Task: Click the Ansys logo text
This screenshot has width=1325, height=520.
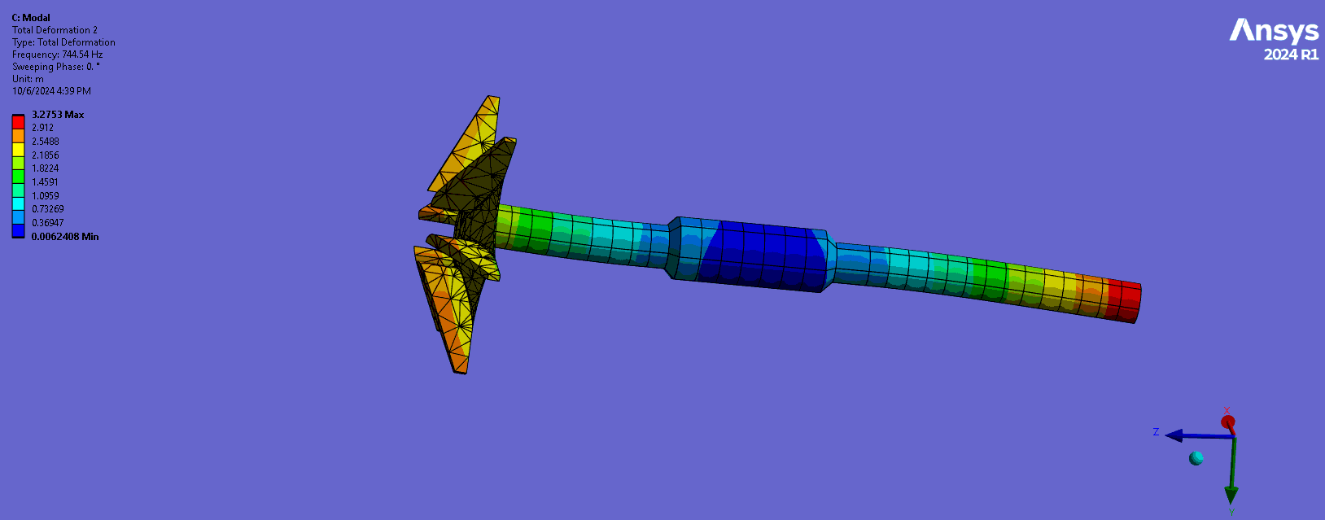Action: pos(1273,31)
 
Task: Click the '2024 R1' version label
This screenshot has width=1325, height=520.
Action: pos(1290,55)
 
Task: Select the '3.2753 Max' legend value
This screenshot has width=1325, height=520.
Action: pos(58,115)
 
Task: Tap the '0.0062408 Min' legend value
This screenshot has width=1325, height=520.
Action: pos(65,237)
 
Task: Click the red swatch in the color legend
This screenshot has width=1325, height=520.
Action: pos(18,122)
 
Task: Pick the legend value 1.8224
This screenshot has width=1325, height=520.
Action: pos(46,168)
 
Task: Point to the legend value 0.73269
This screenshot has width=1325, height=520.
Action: pos(48,209)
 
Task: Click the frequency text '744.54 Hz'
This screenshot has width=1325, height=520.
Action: pos(82,55)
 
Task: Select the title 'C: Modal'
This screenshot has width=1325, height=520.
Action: pos(31,18)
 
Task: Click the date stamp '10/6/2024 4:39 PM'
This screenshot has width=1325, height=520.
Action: pos(51,91)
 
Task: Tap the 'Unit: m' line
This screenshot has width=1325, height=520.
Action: pos(28,79)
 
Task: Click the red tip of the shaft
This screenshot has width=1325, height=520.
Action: pos(1127,300)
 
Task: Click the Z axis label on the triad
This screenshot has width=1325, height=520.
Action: pos(1156,432)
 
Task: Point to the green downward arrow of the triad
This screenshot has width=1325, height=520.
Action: pos(1231,492)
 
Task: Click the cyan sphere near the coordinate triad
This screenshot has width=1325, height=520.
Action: pos(1196,458)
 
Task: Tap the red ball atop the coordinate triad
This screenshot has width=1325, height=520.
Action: pos(1228,422)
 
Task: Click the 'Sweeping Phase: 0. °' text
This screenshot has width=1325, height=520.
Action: pos(56,67)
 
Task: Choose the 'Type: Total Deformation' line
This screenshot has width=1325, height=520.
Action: pos(63,42)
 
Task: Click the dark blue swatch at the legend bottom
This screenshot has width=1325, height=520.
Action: pos(18,231)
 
